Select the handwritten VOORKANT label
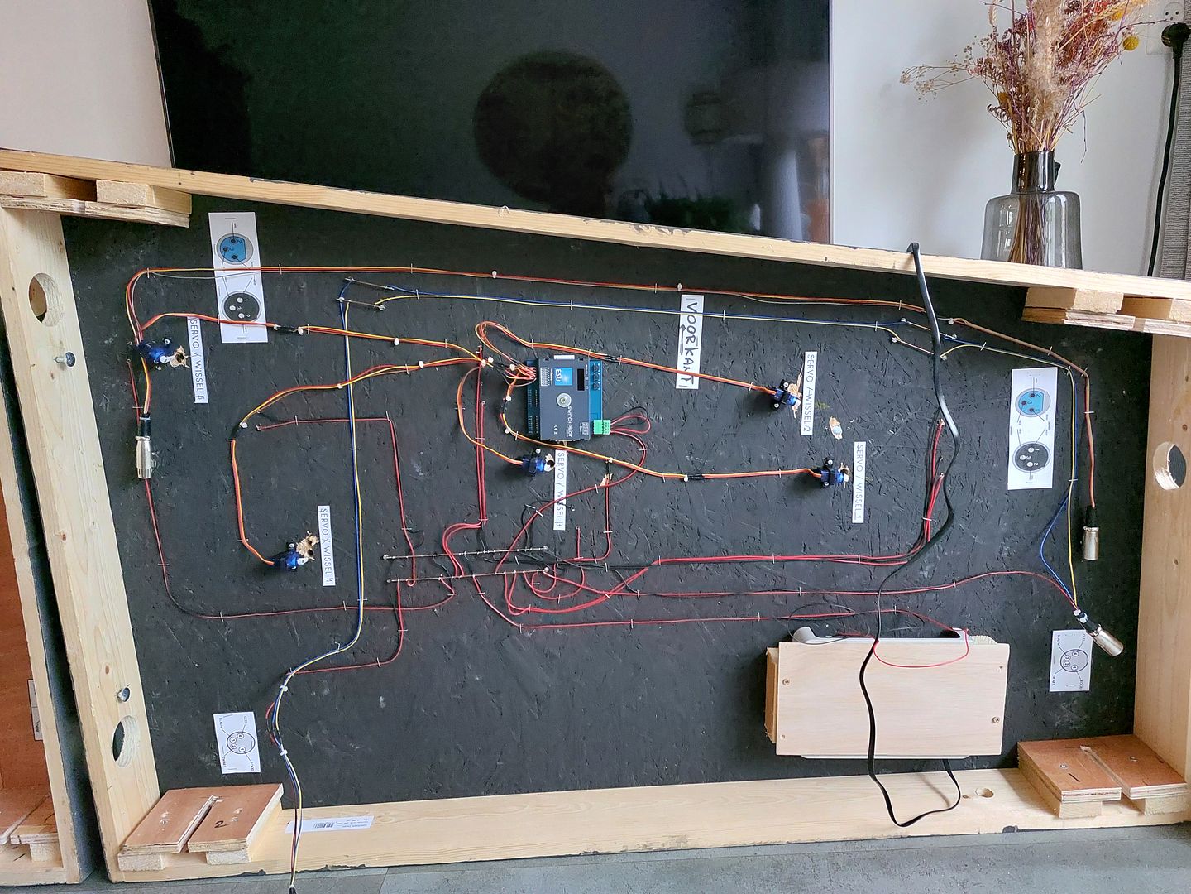pos(691,339)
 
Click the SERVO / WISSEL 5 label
pos(197,358)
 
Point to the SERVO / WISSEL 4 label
pos(328,546)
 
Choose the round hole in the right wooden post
pos(1169,466)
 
